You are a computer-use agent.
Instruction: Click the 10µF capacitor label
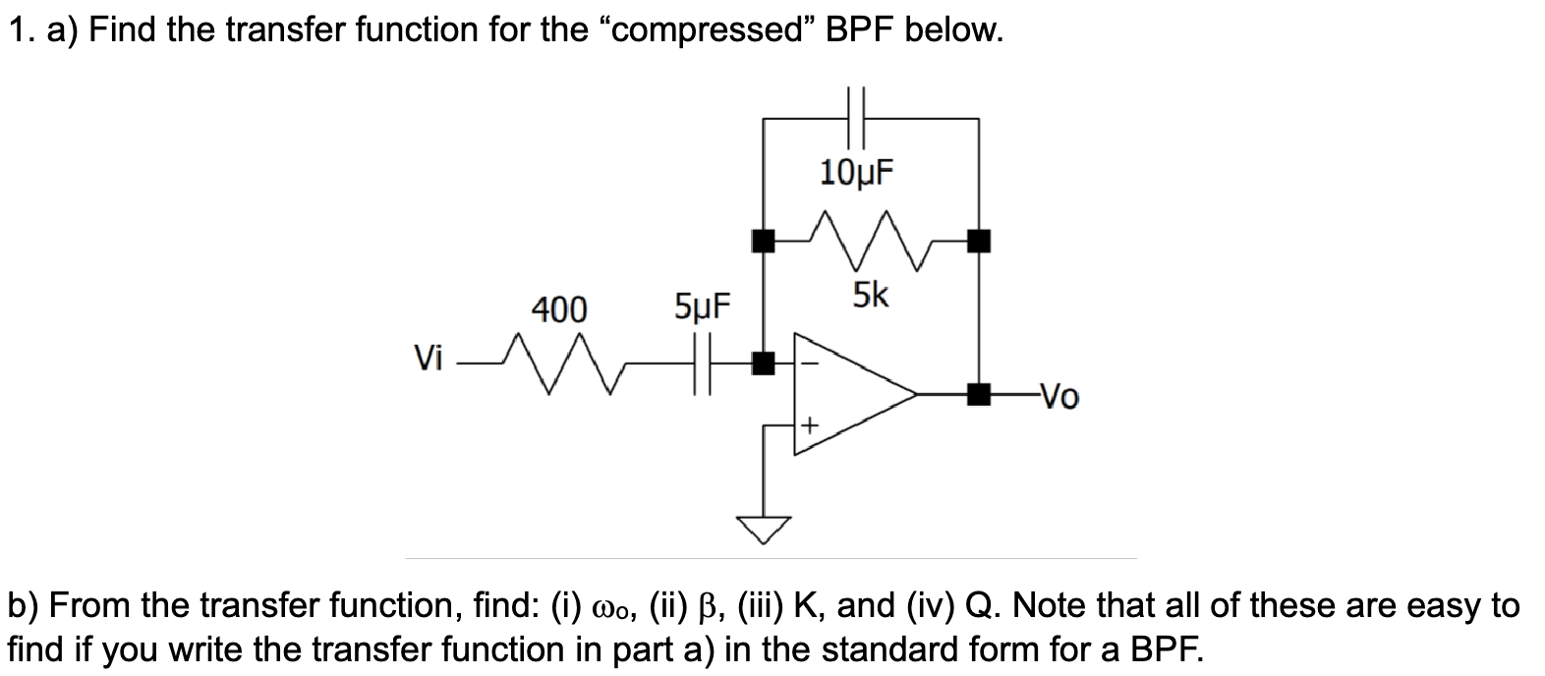coord(856,173)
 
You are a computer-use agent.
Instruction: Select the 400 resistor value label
coord(559,310)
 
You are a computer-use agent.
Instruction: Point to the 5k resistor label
coord(870,293)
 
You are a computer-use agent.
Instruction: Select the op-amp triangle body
coord(845,395)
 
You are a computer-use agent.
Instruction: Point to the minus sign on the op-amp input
coord(810,363)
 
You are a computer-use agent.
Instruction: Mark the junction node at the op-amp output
coord(977,395)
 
